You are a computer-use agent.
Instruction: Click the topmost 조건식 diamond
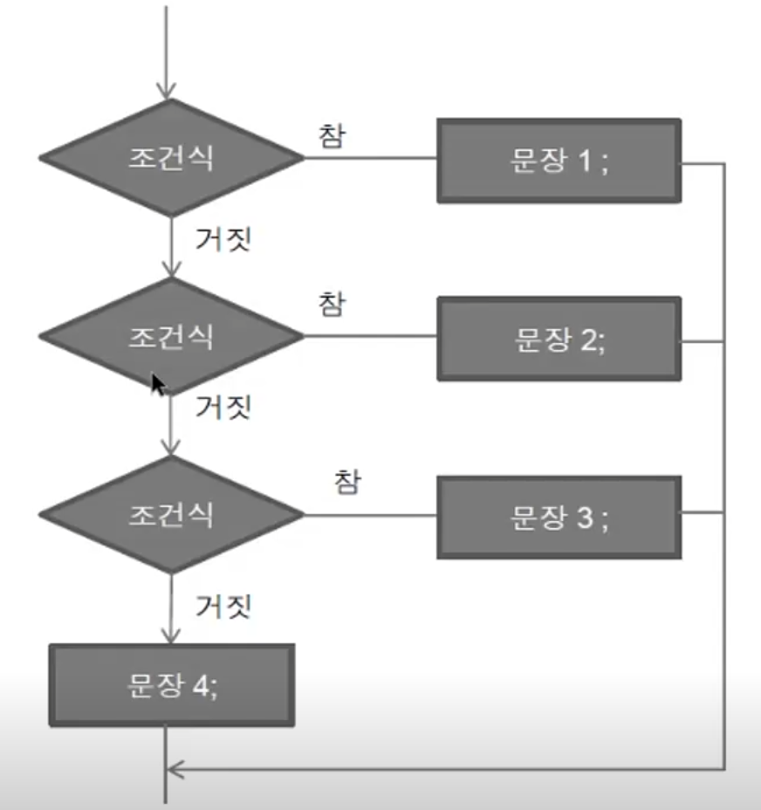click(x=170, y=158)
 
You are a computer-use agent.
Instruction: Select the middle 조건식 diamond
click(x=170, y=337)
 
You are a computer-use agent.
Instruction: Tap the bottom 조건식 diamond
click(x=170, y=514)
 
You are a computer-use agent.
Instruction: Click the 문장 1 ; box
click(x=559, y=161)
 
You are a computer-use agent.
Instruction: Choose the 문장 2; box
click(x=559, y=339)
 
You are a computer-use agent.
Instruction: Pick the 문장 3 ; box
click(x=559, y=517)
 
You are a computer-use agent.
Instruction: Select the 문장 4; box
click(x=172, y=684)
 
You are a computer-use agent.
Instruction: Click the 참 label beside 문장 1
click(x=333, y=136)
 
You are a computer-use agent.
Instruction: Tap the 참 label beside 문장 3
click(x=346, y=482)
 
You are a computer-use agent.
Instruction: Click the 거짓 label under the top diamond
click(x=223, y=238)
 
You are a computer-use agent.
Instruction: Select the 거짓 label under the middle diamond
click(x=223, y=407)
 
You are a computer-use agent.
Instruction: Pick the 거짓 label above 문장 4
click(x=223, y=603)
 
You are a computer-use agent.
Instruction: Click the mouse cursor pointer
click(x=157, y=384)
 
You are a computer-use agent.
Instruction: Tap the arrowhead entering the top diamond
click(x=166, y=91)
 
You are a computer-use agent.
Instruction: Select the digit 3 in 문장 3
click(x=584, y=517)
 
